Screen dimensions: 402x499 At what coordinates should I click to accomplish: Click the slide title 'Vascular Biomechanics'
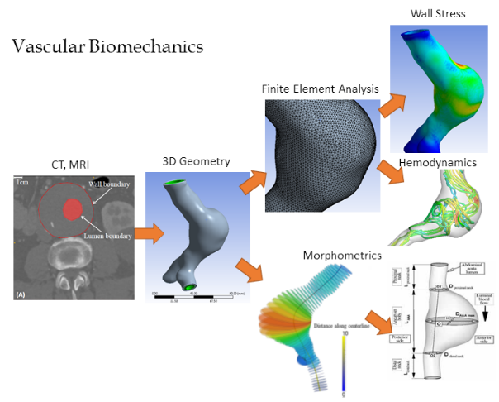click(x=107, y=46)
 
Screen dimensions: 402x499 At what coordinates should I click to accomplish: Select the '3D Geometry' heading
click(x=186, y=160)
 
